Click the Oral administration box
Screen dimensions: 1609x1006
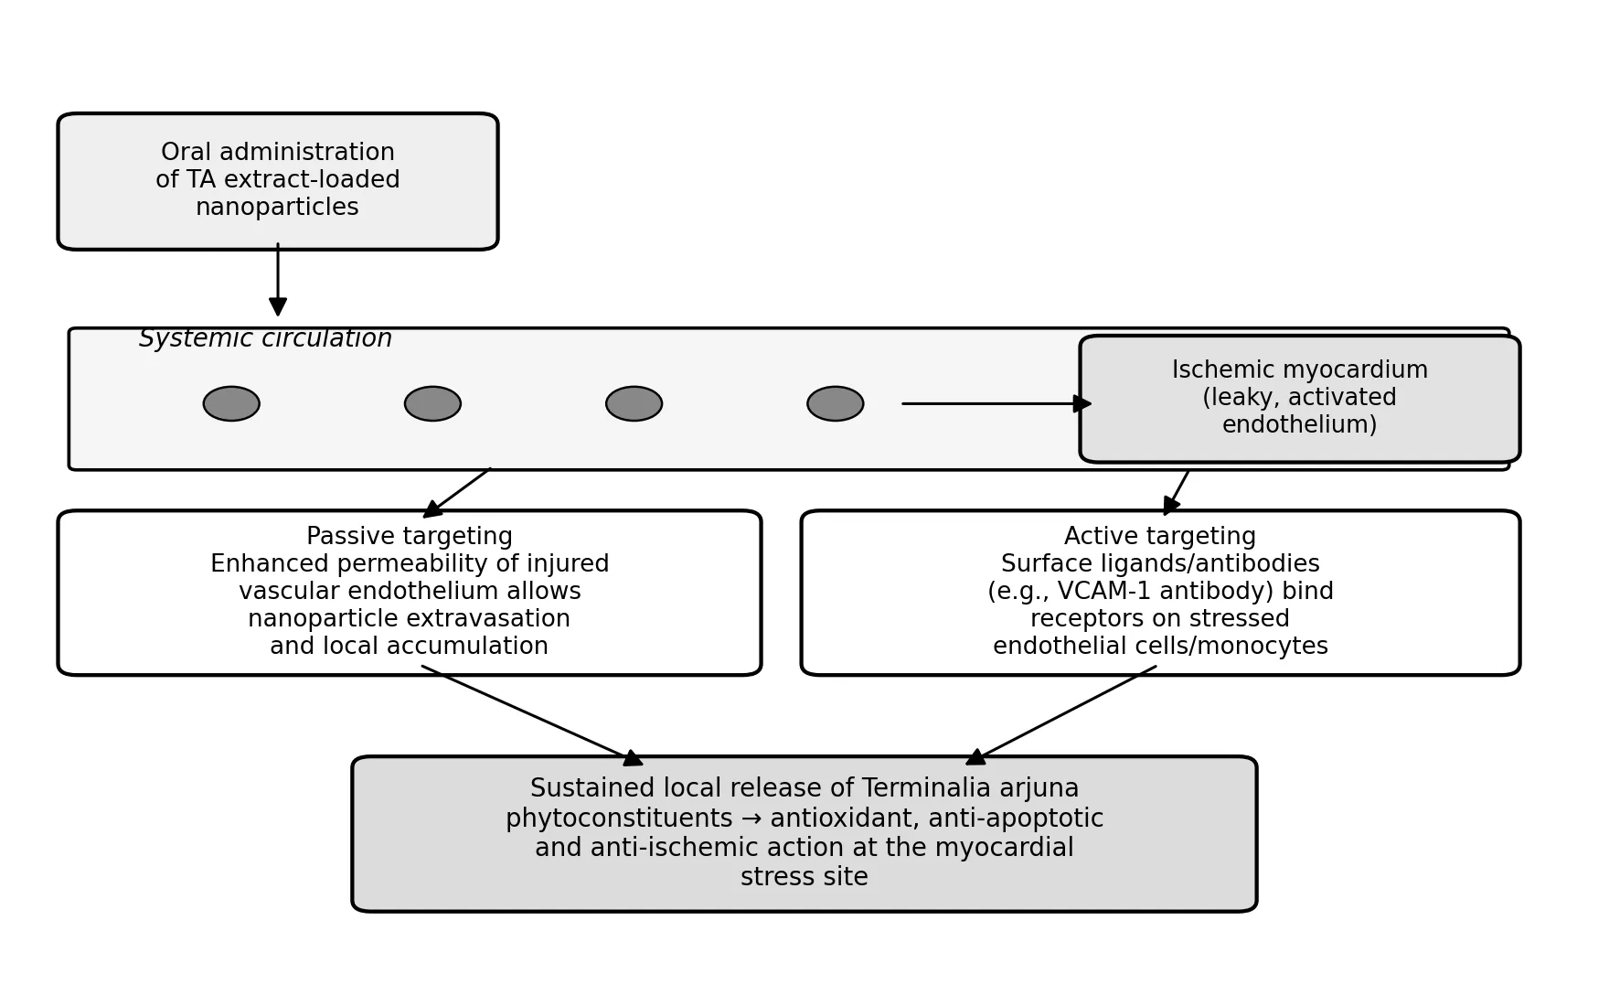pos(278,181)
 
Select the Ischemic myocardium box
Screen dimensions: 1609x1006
pos(1299,399)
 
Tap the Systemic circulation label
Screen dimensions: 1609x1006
pos(265,339)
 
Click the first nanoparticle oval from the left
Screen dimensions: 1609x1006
pos(231,403)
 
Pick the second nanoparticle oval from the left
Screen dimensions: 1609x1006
pos(432,403)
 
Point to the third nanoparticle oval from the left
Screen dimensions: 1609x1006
pos(634,403)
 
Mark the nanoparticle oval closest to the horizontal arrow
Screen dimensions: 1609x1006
pos(835,403)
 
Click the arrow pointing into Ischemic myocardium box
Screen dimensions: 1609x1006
pos(996,403)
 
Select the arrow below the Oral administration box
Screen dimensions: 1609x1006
pos(278,279)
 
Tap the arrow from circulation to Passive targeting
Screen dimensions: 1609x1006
pos(456,493)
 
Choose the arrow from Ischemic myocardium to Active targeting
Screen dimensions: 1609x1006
pos(1176,493)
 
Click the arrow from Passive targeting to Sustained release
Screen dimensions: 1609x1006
pos(532,715)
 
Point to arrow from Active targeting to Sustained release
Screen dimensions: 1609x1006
pos(1060,715)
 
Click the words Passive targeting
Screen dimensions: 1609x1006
pos(410,537)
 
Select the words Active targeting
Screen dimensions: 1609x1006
pos(1160,537)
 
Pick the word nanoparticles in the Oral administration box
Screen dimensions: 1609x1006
pos(277,209)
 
